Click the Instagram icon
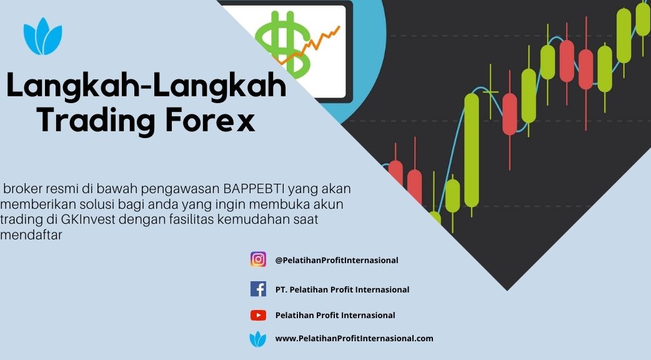258,259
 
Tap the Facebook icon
258,289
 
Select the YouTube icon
258,315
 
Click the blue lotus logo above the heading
42,36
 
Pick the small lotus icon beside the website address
258,339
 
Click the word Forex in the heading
210,120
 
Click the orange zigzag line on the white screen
309,45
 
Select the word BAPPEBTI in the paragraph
254,189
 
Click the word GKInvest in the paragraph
87,219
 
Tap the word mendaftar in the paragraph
31,235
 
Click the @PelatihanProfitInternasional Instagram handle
337,261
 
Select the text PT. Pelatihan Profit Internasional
342,289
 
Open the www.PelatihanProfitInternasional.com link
354,338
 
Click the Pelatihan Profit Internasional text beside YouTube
335,315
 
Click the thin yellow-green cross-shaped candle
490,92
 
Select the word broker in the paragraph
23,189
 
